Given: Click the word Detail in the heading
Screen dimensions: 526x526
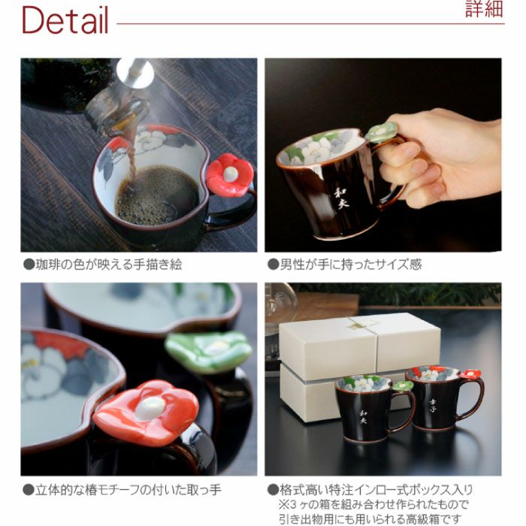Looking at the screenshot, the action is point(65,20).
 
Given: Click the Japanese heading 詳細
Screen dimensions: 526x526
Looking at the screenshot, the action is point(484,9).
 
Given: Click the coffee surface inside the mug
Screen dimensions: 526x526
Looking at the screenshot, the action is point(156,195).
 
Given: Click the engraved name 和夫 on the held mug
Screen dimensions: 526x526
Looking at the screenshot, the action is point(340,198).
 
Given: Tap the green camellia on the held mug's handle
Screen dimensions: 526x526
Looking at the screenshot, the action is point(382,131).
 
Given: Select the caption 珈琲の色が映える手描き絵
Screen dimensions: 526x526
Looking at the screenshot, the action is point(103,265).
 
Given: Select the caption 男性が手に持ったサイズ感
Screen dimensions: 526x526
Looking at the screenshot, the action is point(344,265).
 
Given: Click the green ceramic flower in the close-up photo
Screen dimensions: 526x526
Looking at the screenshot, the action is point(209,351).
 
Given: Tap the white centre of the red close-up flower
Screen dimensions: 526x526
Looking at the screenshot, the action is point(150,408).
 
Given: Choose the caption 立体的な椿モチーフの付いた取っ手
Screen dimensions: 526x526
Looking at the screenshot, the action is point(122,490).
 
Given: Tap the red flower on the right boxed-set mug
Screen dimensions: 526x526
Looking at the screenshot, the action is point(470,373).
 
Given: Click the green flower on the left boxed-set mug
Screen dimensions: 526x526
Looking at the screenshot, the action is point(403,385).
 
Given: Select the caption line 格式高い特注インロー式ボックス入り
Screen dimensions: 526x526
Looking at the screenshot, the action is point(370,490).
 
